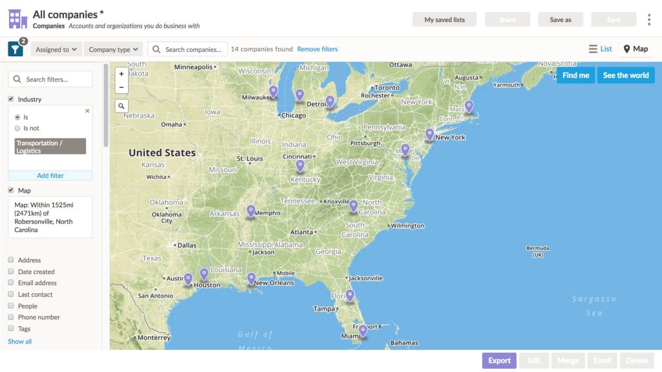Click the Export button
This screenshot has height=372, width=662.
(x=499, y=360)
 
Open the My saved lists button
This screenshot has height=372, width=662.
(x=444, y=19)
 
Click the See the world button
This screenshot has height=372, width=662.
(x=625, y=75)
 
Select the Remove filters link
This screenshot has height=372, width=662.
(x=317, y=49)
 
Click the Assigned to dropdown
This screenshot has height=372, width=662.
(x=56, y=49)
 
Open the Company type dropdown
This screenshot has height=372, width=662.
(x=113, y=49)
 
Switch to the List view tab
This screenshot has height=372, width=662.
(x=601, y=49)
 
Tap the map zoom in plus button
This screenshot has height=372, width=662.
(x=122, y=74)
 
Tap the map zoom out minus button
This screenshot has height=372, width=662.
(x=122, y=87)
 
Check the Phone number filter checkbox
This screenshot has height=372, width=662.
(x=11, y=317)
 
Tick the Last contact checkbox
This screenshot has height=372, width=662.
(x=11, y=294)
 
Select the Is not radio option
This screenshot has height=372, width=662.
(x=17, y=128)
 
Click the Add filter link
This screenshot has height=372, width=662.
(x=50, y=176)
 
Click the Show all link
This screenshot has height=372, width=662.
(x=19, y=341)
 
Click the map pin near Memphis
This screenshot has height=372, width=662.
(x=251, y=211)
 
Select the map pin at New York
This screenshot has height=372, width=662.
(x=429, y=134)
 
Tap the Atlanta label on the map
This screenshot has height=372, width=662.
(x=302, y=232)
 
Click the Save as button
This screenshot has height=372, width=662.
(x=561, y=19)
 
